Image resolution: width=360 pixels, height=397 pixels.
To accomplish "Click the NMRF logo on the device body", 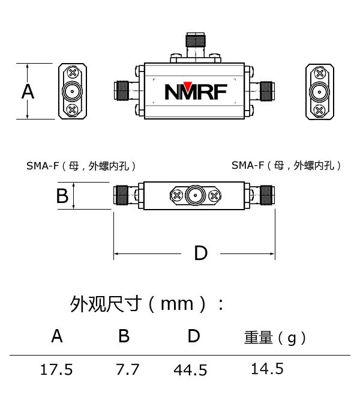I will click(196, 91).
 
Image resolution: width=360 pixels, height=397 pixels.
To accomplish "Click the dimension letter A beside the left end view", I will click(28, 92).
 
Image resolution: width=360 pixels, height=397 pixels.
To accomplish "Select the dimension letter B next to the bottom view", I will click(62, 196).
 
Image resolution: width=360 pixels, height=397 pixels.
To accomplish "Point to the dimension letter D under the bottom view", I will click(200, 253).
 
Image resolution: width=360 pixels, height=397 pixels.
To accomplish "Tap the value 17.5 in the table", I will click(56, 369).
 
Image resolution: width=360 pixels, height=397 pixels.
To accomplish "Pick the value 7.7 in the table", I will click(127, 369).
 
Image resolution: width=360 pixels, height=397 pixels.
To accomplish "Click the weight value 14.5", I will click(267, 368).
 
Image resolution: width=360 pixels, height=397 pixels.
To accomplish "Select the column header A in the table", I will click(57, 336).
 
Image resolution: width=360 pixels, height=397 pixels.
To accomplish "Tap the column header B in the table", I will click(124, 336).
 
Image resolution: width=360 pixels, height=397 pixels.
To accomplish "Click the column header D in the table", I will click(193, 336).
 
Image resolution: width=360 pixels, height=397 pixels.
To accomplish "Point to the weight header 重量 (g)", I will click(275, 338).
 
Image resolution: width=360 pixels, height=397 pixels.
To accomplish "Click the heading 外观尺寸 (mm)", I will click(147, 303).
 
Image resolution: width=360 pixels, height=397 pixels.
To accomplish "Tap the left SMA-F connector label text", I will click(82, 166).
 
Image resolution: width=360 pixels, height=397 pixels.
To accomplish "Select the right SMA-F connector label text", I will click(287, 165).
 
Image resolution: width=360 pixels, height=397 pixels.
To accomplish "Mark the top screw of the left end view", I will click(72, 73).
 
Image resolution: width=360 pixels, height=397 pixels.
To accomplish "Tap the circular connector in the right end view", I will click(319, 92).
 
